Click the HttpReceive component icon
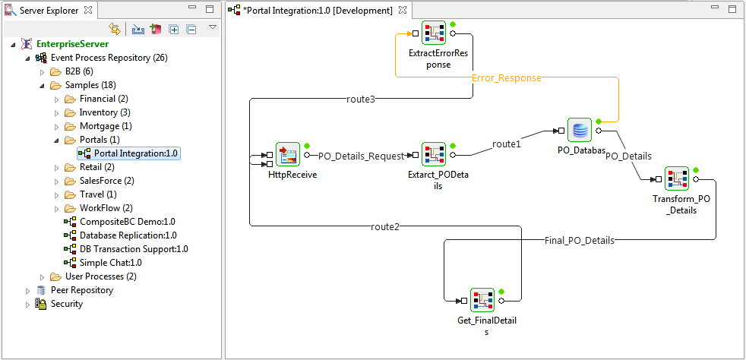288,154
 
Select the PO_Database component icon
579,131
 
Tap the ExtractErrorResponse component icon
434,33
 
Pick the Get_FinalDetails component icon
482,300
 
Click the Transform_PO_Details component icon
677,178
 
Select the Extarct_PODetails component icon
434,154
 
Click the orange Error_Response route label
506,78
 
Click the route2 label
385,227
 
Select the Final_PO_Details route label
579,240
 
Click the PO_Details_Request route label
361,156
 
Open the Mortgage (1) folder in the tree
106,126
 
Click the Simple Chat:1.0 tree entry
110,263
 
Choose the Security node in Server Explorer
67,304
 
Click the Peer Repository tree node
82,290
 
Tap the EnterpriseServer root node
72,44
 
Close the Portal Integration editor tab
402,10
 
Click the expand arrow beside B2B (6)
42,72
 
